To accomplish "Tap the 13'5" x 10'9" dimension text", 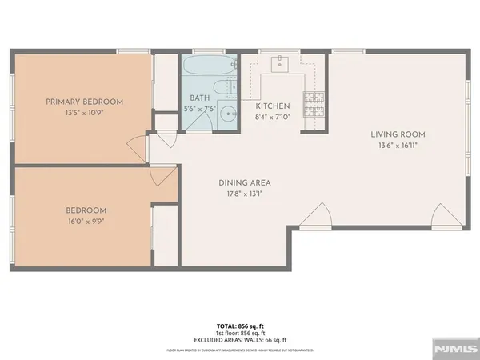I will coord(84,113).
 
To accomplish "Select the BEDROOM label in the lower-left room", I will coord(86,210).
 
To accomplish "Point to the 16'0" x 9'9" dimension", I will coord(86,222).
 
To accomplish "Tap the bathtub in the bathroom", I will coord(208,66).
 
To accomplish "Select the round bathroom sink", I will coord(227,114).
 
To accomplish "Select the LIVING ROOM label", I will coord(398,134).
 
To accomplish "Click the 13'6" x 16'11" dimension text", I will coord(398,146).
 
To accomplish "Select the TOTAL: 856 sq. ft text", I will coord(240,326).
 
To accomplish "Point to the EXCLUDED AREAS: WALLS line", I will coord(240,340).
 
